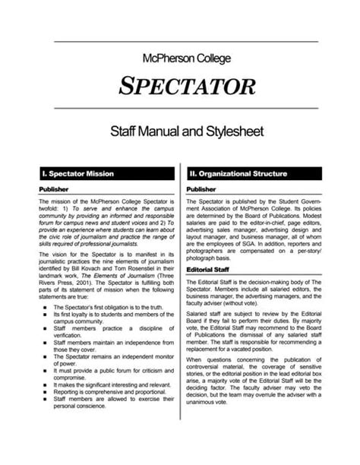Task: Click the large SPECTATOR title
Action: pyautogui.click(x=179, y=87)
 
